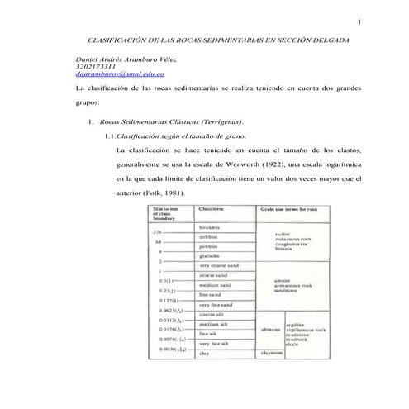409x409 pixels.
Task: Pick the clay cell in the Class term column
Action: (204, 353)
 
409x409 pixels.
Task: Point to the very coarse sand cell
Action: (219, 265)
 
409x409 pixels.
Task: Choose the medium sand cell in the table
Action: (215, 285)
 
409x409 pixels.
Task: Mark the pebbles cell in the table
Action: (209, 246)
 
